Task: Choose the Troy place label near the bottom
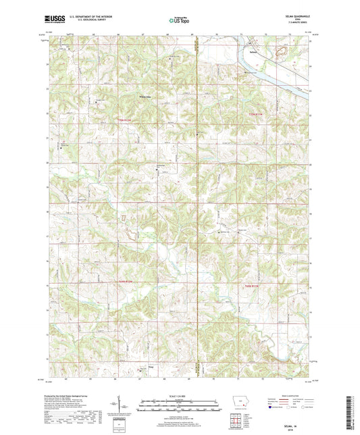pyautogui.click(x=142, y=369)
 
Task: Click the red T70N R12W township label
pyautogui.click(x=122, y=120)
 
